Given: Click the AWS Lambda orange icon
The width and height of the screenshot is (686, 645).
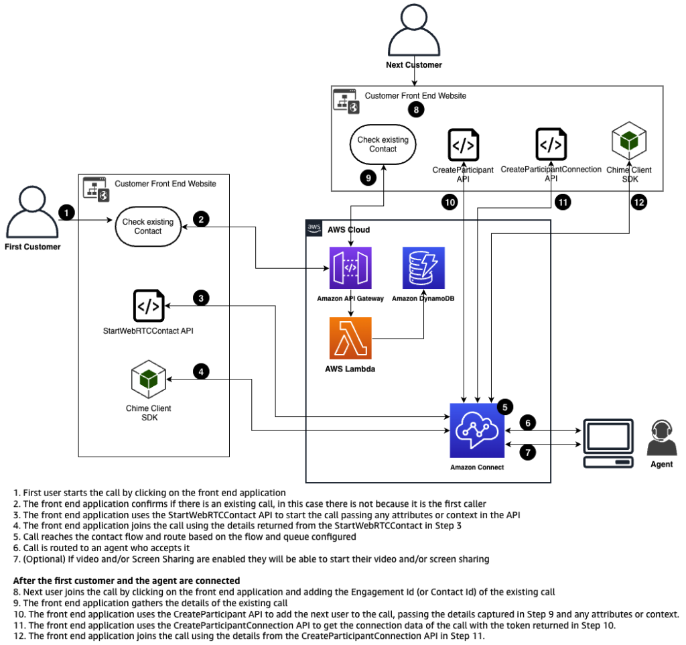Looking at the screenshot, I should [x=350, y=338].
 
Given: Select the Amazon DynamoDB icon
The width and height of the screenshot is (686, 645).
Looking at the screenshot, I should [x=423, y=268].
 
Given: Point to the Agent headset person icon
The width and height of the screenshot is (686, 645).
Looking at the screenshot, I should [x=659, y=438].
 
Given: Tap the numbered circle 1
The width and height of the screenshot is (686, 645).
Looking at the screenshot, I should [x=66, y=212].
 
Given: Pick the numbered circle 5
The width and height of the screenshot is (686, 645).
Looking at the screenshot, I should [x=506, y=406].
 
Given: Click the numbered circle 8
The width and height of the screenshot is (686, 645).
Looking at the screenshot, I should [x=416, y=110].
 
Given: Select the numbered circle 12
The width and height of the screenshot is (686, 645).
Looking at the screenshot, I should [x=638, y=201].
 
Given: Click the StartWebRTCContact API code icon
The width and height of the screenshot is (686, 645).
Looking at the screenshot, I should [x=148, y=306].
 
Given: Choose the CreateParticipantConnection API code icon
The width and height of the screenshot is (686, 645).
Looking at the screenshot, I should [x=551, y=145].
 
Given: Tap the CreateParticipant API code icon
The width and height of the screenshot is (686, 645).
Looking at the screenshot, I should [x=463, y=145].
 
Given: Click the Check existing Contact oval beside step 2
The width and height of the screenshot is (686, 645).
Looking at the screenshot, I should [x=148, y=226].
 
